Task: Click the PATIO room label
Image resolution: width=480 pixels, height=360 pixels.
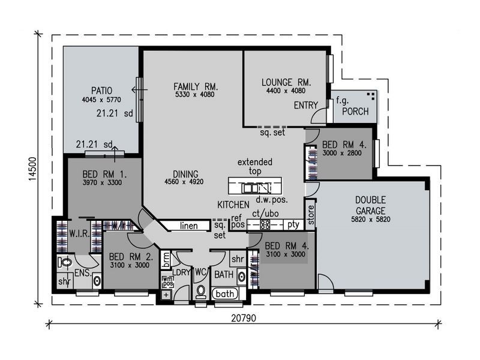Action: [x=101, y=91]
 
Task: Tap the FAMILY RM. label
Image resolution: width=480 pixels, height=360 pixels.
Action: [x=196, y=86]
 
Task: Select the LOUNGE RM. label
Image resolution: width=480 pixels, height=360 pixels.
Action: [x=286, y=82]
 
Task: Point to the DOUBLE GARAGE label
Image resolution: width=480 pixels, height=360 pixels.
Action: [x=370, y=205]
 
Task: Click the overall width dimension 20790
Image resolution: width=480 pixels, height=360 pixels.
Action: [x=244, y=318]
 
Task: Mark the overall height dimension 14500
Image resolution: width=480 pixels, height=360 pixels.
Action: [x=32, y=169]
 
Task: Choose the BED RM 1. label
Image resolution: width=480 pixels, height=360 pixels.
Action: [x=104, y=175]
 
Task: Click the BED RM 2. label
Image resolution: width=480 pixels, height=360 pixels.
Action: [x=131, y=257]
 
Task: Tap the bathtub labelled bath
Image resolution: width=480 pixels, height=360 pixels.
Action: [x=225, y=294]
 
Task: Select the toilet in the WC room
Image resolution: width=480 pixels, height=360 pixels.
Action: [x=201, y=292]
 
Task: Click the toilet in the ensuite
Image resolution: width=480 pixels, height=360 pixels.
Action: [x=65, y=262]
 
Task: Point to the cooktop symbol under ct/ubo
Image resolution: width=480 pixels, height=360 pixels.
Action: [x=265, y=225]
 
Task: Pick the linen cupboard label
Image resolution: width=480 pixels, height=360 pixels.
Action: [x=188, y=226]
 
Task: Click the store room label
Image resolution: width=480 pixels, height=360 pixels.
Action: [x=310, y=215]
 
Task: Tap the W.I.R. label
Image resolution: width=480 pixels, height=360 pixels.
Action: [x=79, y=234]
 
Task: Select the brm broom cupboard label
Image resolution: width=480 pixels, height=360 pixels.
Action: [x=166, y=260]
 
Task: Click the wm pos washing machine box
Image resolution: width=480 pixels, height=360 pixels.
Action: [x=168, y=281]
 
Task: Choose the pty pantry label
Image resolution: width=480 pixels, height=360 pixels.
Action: [x=293, y=225]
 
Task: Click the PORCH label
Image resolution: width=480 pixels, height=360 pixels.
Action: [x=355, y=111]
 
